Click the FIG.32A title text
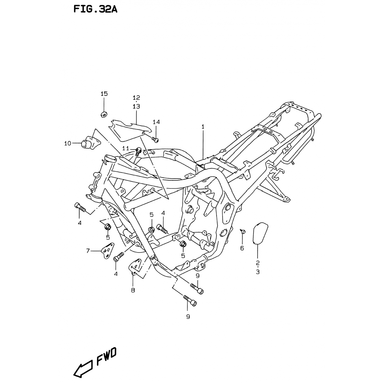95,9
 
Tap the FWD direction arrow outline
82,368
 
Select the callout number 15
104,94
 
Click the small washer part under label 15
104,114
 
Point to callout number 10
68,143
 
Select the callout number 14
156,122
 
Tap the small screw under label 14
155,139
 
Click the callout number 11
126,148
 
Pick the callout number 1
203,127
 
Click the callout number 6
242,248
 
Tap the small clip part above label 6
243,231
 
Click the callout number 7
88,251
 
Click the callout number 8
133,290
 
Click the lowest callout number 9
188,317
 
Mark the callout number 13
136,106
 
